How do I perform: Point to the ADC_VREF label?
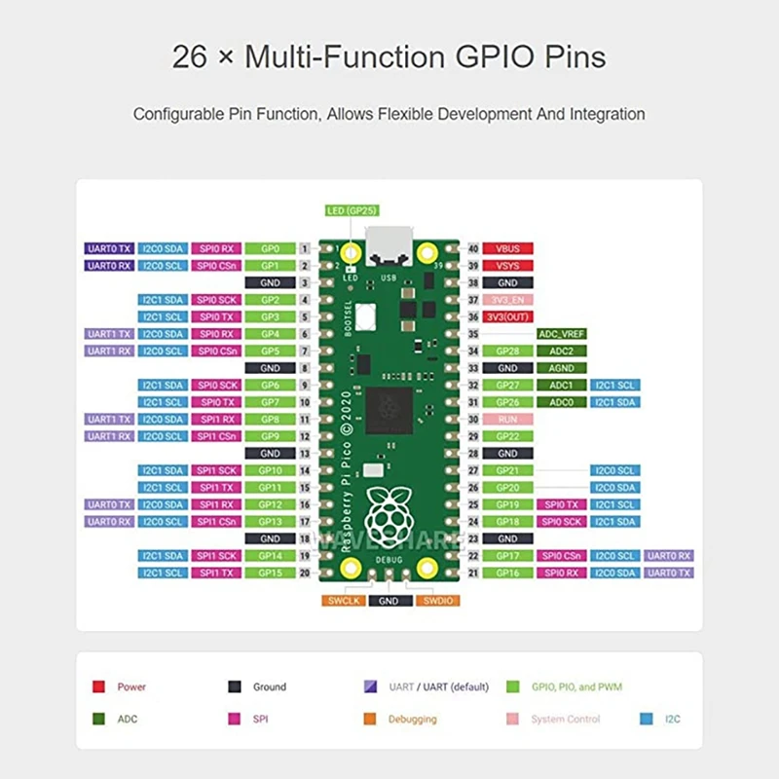562,333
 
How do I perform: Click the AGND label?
562,368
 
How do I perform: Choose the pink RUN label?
507,419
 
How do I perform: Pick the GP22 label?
507,436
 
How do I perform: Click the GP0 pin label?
270,248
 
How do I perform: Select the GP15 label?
270,573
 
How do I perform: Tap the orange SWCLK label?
345,601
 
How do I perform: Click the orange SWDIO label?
434,601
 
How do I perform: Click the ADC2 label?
562,351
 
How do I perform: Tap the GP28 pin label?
507,351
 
